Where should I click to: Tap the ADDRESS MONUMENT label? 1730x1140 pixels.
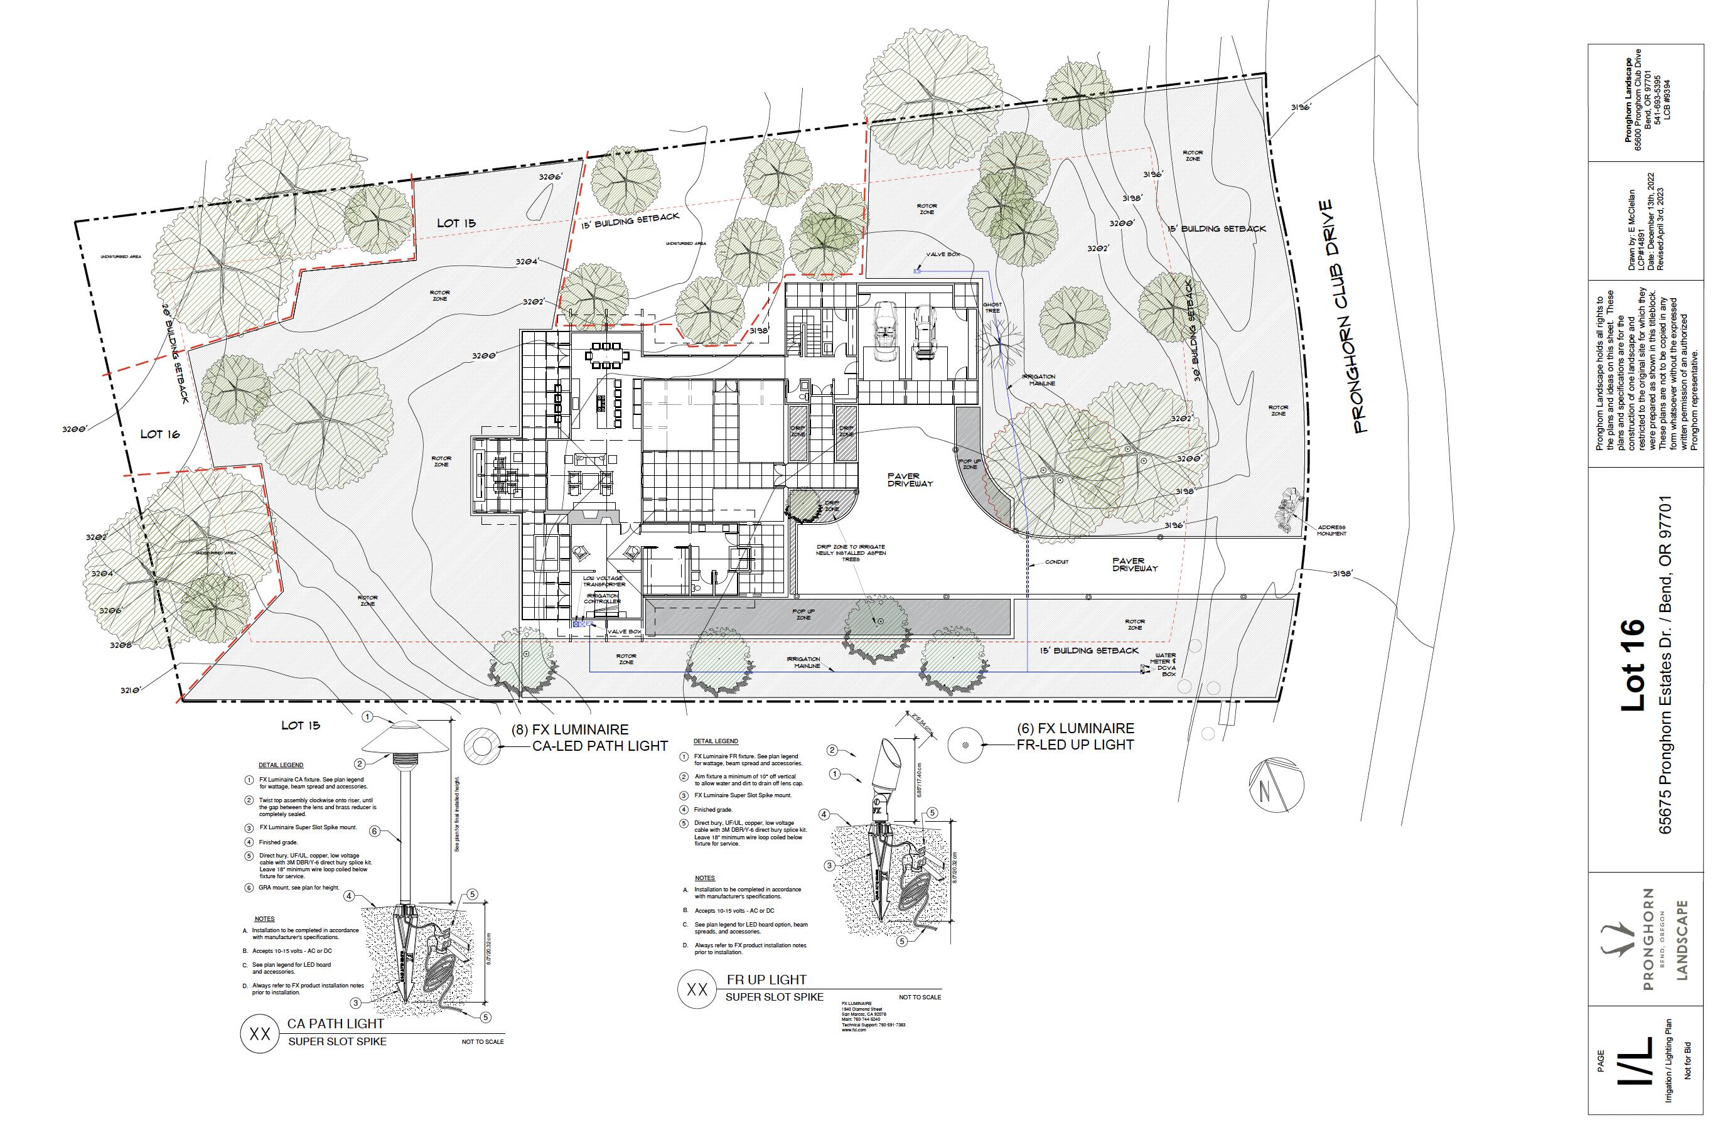(x=1331, y=530)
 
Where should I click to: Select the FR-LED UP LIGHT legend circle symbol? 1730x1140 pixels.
(x=965, y=745)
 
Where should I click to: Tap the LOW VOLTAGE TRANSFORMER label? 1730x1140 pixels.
(x=603, y=581)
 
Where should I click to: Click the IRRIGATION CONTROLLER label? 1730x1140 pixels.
(x=603, y=598)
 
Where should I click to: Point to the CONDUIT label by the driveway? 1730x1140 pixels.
(x=1056, y=562)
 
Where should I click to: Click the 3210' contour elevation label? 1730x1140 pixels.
(x=131, y=689)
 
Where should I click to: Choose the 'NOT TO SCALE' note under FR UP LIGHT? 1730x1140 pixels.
(x=920, y=997)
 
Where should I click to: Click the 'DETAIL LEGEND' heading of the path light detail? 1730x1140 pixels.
(x=281, y=765)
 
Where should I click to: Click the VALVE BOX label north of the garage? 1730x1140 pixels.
(x=943, y=254)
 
